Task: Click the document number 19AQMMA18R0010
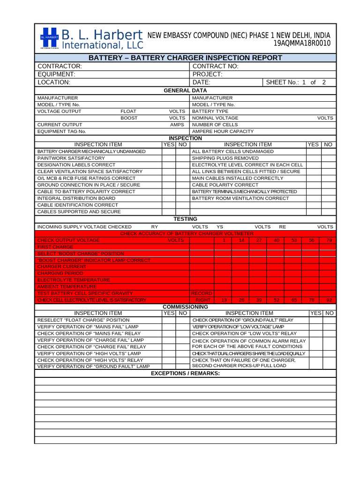coord(302,44)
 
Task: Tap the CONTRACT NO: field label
coord(215,67)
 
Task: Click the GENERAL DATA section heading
coord(185,90)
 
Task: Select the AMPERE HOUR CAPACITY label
coord(223,132)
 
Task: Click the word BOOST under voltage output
coord(129,118)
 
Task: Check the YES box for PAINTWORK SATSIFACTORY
coord(169,158)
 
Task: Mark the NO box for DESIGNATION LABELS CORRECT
coord(182,165)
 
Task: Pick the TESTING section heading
coord(185,219)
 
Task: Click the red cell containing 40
coord(276,240)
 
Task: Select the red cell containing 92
coord(329,300)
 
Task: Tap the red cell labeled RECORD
coord(202,293)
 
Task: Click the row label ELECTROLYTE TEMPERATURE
coord(74,280)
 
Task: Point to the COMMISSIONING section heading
coord(185,307)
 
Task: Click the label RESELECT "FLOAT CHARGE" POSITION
coord(83,320)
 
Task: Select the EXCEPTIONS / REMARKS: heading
coord(185,373)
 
